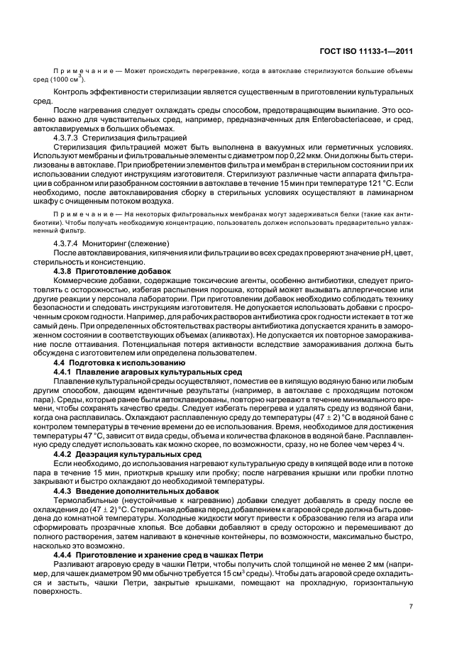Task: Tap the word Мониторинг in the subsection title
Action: pos(106,244)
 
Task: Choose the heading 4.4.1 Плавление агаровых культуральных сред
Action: pos(148,372)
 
